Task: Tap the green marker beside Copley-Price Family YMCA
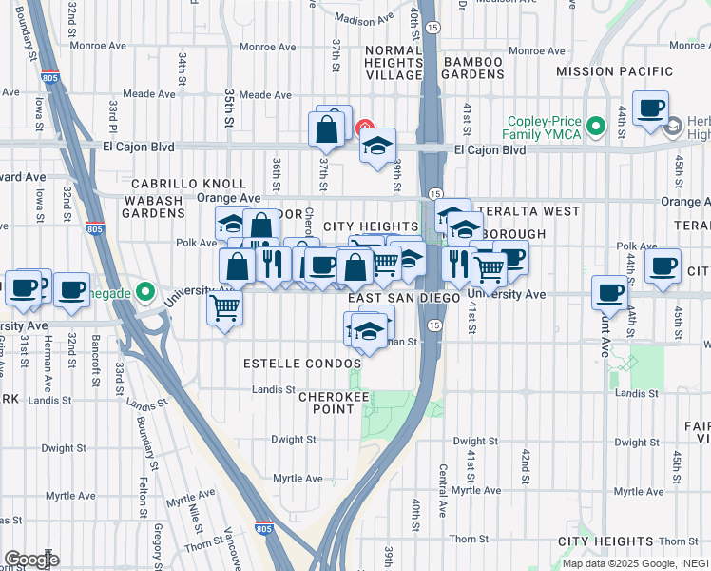(x=596, y=126)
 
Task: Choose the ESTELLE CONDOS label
(x=302, y=364)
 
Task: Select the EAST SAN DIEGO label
(x=404, y=297)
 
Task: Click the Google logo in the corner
(x=30, y=559)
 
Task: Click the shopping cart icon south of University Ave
(x=225, y=306)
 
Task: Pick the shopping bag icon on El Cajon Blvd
(x=326, y=131)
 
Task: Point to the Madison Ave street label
(x=364, y=19)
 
